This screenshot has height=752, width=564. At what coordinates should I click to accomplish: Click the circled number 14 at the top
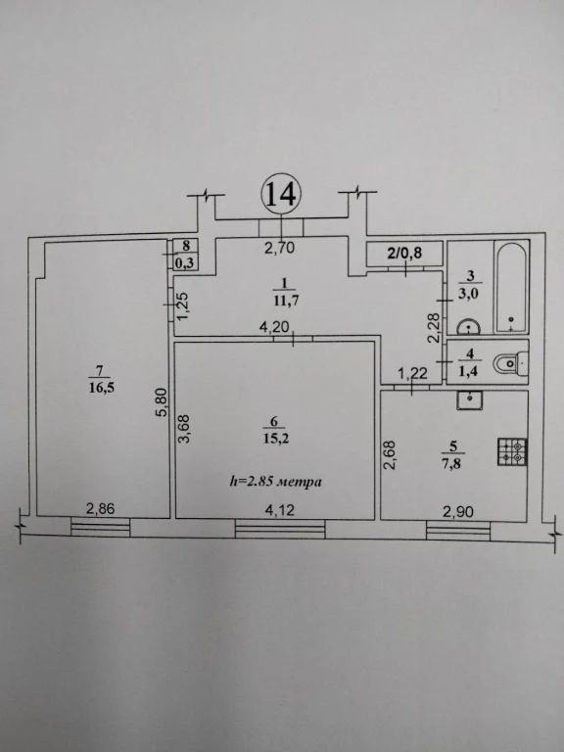(x=281, y=194)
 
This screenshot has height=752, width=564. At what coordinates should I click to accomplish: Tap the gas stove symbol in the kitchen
(x=512, y=451)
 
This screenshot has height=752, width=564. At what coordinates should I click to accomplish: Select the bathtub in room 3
(x=512, y=288)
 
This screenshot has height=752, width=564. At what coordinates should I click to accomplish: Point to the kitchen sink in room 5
(x=470, y=399)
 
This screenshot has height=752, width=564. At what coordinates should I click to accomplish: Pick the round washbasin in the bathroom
(x=469, y=328)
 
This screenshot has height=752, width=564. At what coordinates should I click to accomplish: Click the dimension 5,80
(x=164, y=402)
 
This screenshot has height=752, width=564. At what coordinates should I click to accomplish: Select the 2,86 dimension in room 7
(x=100, y=509)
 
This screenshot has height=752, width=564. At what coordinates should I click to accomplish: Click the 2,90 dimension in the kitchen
(x=458, y=512)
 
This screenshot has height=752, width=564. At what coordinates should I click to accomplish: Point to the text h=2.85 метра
(x=275, y=481)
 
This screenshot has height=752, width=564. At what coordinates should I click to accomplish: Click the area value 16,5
(x=102, y=387)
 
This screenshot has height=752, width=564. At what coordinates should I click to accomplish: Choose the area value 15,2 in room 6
(x=276, y=439)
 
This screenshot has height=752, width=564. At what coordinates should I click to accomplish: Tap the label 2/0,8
(x=404, y=253)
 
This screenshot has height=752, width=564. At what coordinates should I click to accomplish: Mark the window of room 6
(x=280, y=529)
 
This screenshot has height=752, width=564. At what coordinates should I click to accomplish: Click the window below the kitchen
(x=458, y=531)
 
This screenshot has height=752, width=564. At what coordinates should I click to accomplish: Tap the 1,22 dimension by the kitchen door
(x=413, y=373)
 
